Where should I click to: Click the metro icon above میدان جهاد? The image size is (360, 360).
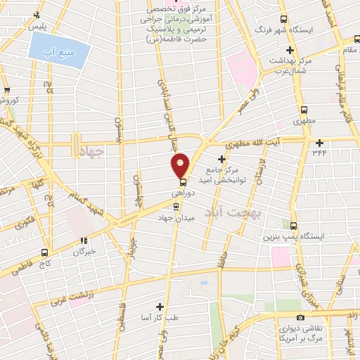pos(176,206)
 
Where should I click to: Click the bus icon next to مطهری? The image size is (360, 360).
pos(304,110)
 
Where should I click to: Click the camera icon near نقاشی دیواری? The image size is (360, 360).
pos(301,318)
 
